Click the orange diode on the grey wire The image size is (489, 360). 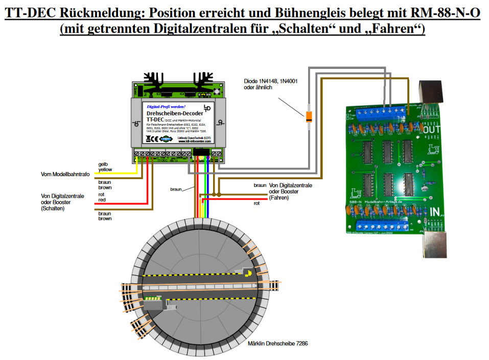309,117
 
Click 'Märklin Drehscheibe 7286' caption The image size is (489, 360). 277,344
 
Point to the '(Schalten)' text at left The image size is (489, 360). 53,208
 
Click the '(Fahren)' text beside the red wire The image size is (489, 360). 278,197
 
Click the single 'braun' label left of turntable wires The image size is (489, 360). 176,189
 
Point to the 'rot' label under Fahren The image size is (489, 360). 257,203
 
